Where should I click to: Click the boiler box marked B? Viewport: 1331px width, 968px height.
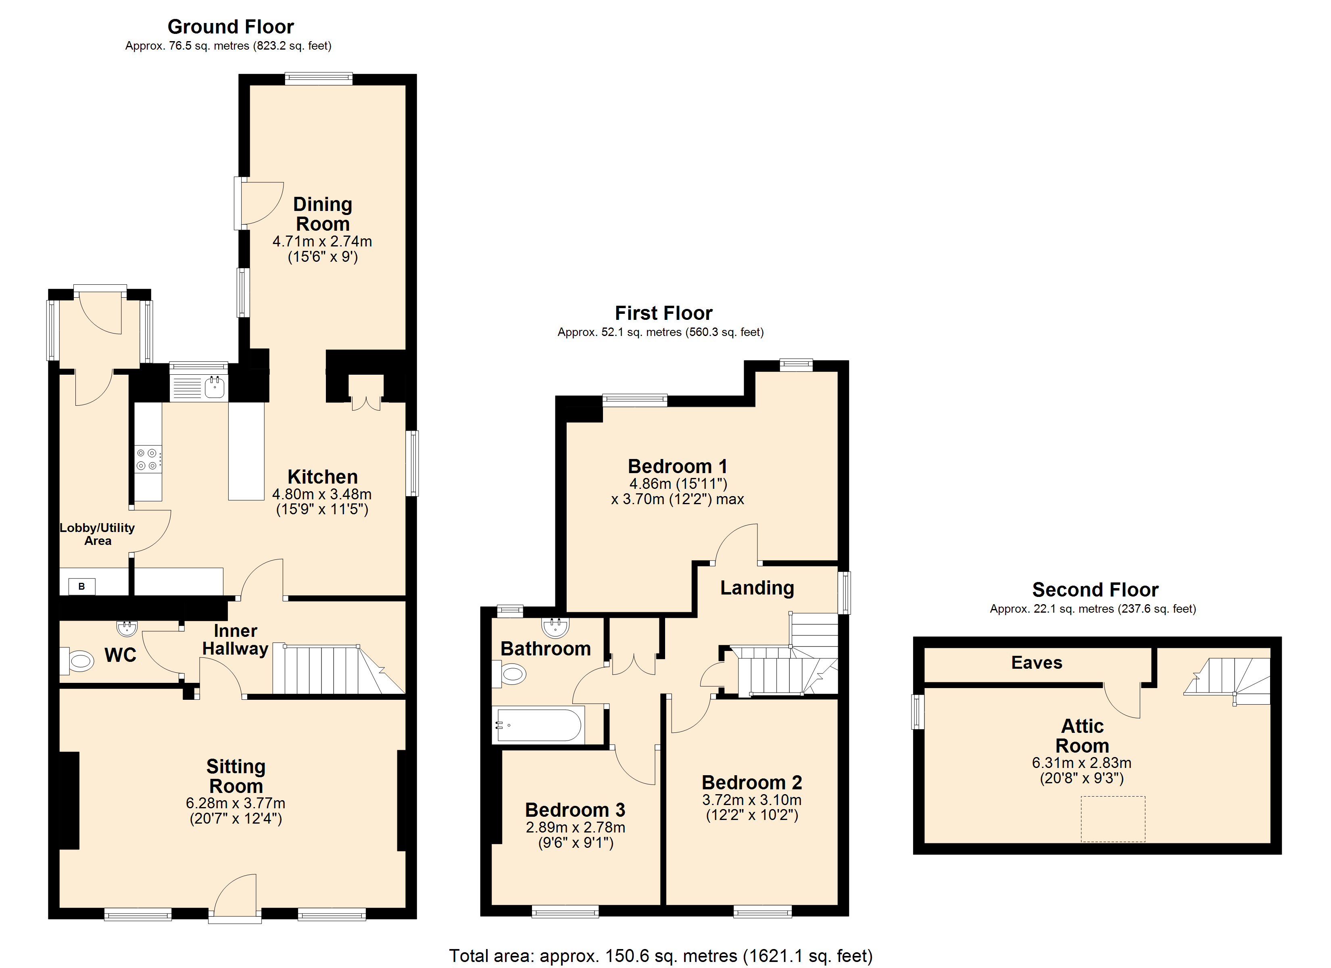81,586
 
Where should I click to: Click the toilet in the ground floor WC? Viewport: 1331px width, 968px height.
77,661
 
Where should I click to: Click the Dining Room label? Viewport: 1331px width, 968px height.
322,214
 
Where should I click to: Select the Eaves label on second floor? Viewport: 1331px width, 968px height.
1037,663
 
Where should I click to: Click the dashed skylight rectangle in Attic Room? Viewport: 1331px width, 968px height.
1113,819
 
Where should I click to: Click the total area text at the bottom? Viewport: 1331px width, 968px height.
661,955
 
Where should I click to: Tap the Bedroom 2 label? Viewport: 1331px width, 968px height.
752,782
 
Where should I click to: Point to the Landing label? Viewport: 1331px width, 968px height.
757,588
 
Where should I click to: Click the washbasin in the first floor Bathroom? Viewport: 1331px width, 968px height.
555,627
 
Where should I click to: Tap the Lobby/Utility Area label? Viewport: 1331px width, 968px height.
98,534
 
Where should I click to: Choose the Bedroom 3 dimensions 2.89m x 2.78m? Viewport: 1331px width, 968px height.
575,827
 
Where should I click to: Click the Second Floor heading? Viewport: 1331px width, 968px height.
1095,589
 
